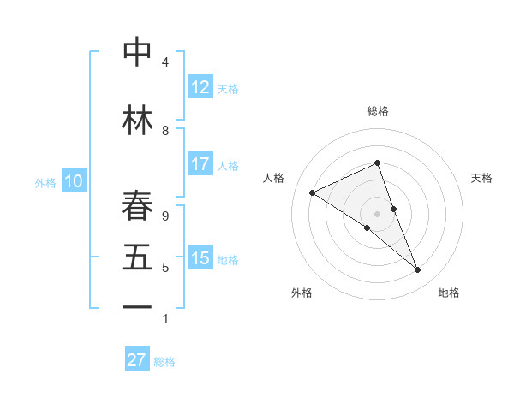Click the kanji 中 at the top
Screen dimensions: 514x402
pos(137,52)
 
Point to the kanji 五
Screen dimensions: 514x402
pos(137,258)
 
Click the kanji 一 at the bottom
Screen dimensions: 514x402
pos(137,306)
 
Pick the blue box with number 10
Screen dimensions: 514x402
pos(74,181)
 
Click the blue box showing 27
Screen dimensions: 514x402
pos(137,360)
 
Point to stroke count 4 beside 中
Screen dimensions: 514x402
pos(165,62)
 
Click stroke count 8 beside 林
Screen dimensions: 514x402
pos(165,130)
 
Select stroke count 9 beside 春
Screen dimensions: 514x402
pos(165,216)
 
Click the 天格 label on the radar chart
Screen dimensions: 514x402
pos(482,178)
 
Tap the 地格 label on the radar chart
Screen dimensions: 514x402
pos(449,293)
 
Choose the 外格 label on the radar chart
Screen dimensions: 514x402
pos(302,293)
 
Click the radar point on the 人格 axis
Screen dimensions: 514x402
pos(312,192)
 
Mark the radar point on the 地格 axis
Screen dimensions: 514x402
pos(418,270)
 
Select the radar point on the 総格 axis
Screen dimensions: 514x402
pos(377,163)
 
